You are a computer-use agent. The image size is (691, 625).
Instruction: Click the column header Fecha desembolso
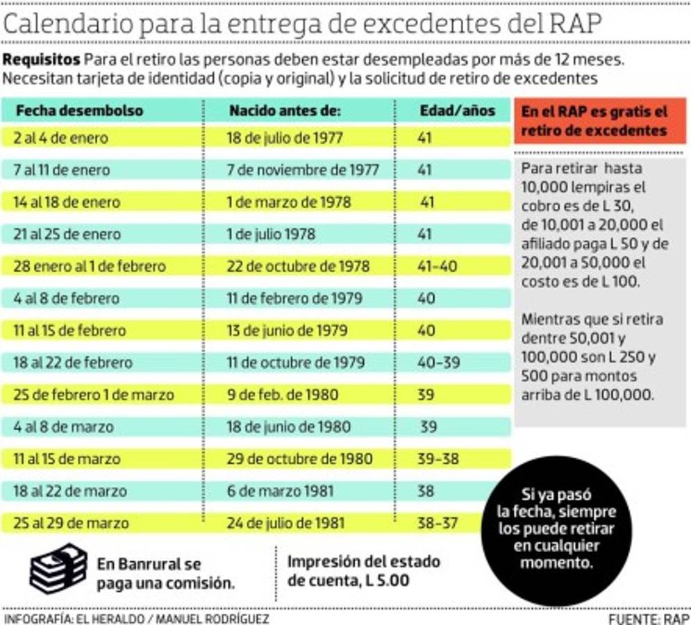click(x=79, y=111)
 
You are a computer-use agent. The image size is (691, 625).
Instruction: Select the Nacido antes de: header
click(x=285, y=111)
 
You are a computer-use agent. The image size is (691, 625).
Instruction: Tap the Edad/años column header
click(x=457, y=111)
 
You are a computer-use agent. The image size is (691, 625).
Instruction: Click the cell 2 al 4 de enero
click(x=61, y=138)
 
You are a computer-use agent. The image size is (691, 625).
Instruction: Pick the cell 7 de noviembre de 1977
click(x=303, y=170)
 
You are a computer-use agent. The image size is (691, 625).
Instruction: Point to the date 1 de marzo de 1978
click(x=289, y=203)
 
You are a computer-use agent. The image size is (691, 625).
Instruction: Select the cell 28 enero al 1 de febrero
click(x=90, y=267)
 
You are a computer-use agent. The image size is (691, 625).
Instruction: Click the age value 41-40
click(x=437, y=267)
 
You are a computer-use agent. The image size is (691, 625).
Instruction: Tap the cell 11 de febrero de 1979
click(x=294, y=299)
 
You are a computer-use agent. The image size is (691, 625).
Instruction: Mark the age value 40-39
click(x=437, y=362)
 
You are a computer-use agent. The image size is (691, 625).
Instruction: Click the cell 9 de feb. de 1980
click(x=283, y=395)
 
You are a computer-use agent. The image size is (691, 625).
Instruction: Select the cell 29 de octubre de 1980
click(x=299, y=459)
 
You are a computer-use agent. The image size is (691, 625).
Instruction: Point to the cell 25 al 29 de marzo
click(x=71, y=523)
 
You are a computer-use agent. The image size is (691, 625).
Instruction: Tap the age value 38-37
click(x=437, y=523)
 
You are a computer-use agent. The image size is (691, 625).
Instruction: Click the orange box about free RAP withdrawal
click(x=600, y=121)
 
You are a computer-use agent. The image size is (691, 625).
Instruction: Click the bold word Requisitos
click(x=42, y=58)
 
